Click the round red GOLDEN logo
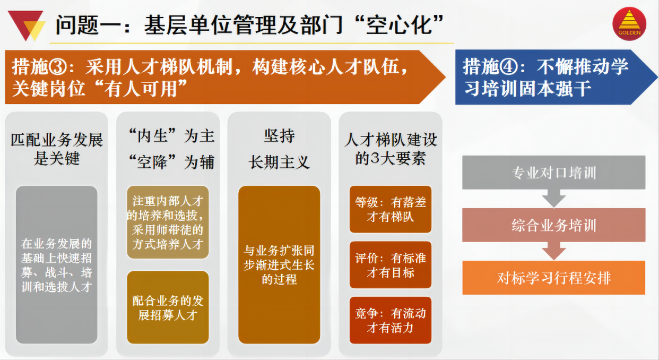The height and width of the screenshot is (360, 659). click(629, 24)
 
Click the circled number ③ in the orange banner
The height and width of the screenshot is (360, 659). click(57, 67)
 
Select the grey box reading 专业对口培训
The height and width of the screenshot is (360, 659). click(554, 173)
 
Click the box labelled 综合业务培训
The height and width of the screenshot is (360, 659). click(554, 225)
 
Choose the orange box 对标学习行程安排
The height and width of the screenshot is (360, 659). click(554, 278)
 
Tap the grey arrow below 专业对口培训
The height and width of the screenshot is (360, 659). click(554, 199)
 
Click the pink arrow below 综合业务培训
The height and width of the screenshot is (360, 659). click(554, 251)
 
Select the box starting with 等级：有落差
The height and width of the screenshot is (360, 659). click(391, 209)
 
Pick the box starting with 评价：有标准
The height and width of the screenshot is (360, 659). click(391, 265)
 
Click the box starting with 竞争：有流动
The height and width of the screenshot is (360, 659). click(391, 320)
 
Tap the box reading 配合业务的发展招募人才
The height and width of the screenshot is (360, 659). click(168, 307)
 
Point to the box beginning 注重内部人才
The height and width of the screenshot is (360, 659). click(168, 222)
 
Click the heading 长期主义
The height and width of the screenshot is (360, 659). click(279, 162)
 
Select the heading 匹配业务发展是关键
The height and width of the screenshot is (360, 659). click(57, 149)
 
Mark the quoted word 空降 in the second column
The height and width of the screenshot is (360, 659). click(152, 162)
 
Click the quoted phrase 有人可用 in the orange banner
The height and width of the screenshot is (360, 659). click(141, 89)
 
